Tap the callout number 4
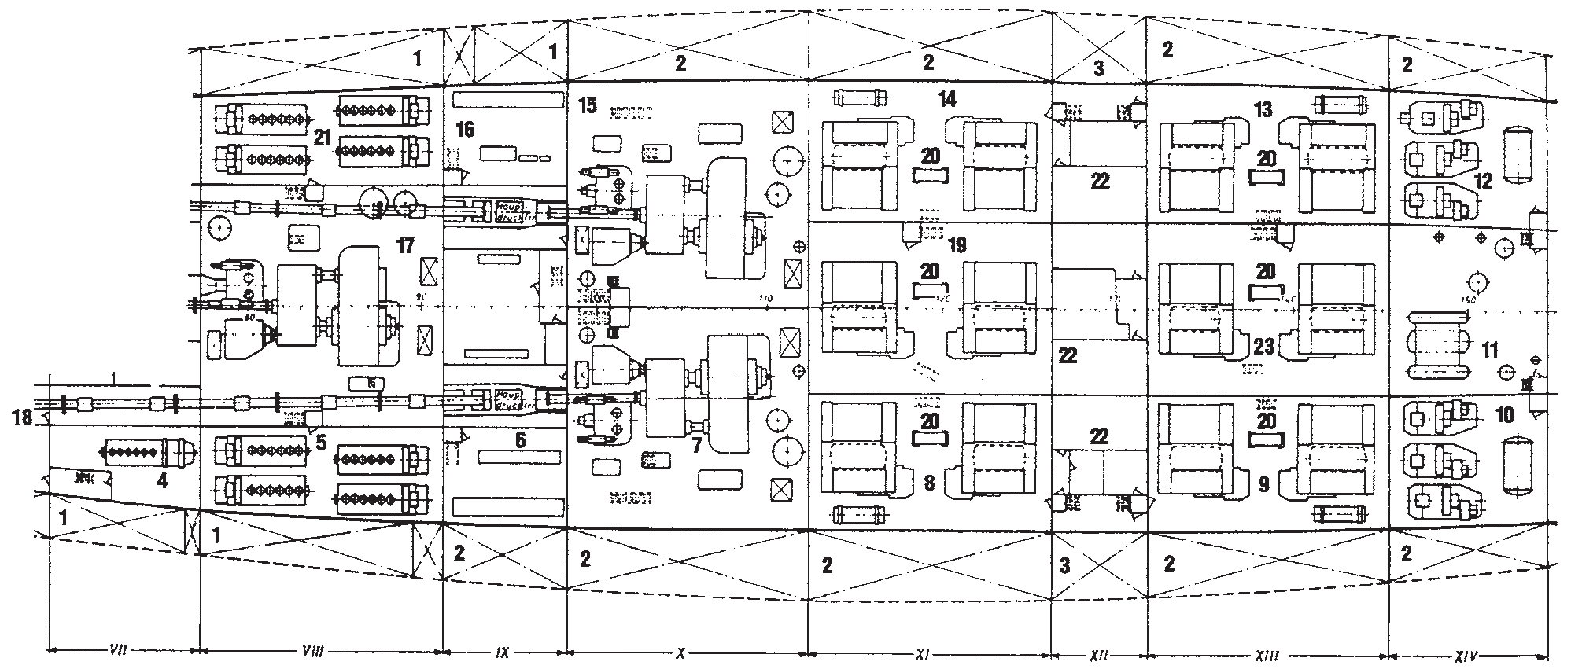(162, 480)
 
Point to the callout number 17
(404, 246)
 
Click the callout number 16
(466, 129)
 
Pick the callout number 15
(587, 105)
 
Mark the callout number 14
(946, 99)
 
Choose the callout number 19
(957, 245)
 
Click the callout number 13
(1263, 109)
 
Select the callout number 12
(1484, 181)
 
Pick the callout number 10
(1504, 414)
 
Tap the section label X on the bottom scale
(681, 652)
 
